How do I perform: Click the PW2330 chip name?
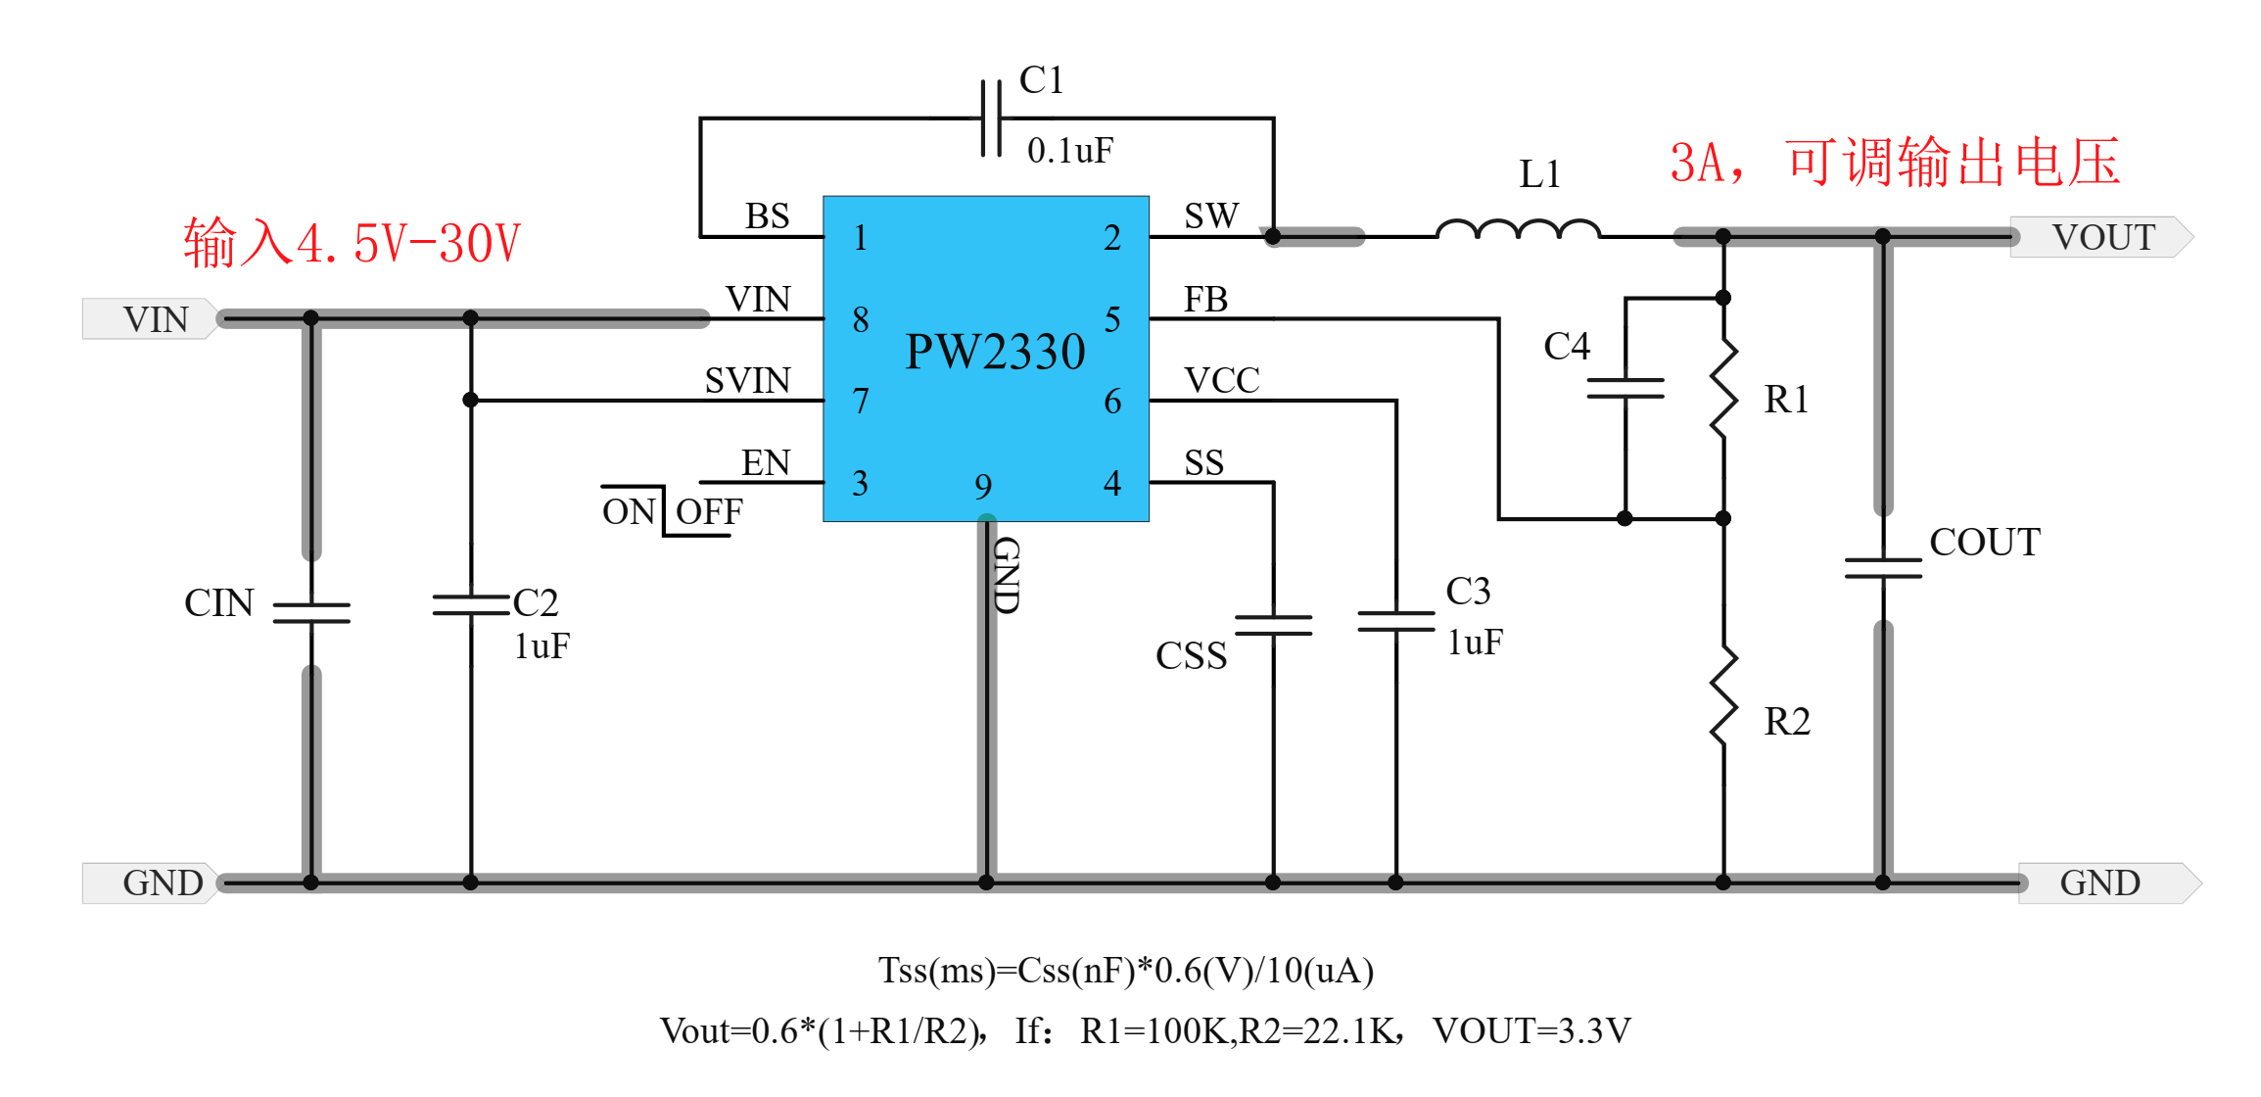point(995,352)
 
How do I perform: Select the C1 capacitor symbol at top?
point(991,119)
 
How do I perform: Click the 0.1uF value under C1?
point(1069,151)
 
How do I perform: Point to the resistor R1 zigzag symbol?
point(1723,389)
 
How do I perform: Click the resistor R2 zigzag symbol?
point(1723,695)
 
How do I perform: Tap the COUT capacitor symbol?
point(1882,568)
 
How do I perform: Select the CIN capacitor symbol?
point(311,612)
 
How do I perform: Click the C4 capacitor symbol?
point(1625,388)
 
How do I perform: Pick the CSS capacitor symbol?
point(1273,625)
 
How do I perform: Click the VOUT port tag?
point(2102,237)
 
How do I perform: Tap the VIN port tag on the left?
point(154,319)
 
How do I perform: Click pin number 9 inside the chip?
point(983,487)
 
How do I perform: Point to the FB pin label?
point(1205,300)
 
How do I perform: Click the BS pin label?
point(767,216)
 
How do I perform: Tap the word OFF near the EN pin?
point(709,511)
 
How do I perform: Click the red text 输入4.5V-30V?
point(353,243)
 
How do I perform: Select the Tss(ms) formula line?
point(1126,971)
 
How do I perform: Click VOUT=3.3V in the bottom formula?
point(1531,1030)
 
